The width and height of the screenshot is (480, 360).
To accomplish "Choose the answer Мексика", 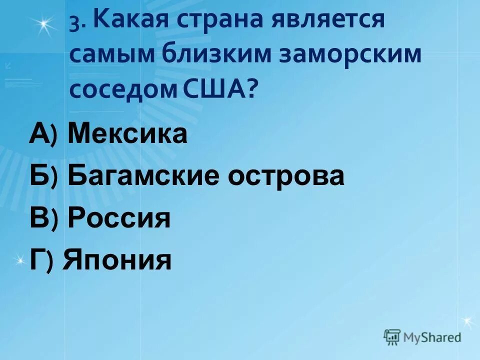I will click(x=127, y=134).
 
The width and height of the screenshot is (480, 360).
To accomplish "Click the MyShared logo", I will click(x=423, y=336).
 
